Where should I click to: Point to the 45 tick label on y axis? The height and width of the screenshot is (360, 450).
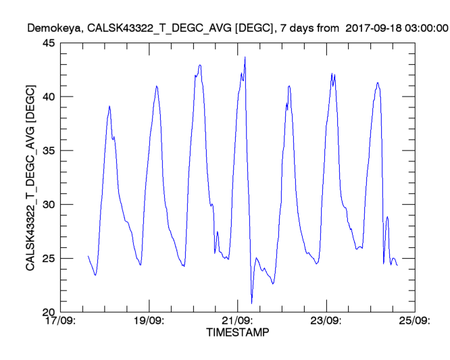(x=49, y=43)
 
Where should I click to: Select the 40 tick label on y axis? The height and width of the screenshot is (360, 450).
(x=49, y=97)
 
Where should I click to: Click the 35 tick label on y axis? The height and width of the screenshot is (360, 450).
(x=49, y=151)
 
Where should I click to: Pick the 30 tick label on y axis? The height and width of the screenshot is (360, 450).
(x=49, y=205)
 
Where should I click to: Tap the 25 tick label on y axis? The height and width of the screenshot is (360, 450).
(x=49, y=259)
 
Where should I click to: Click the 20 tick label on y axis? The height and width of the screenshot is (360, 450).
(x=49, y=312)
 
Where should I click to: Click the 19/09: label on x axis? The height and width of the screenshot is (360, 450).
(x=149, y=321)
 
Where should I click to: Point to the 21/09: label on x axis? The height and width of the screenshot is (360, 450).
(x=237, y=321)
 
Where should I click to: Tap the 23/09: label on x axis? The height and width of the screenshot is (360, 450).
(x=326, y=321)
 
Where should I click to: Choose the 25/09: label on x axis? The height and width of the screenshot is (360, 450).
(x=414, y=321)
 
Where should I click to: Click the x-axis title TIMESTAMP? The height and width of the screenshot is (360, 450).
(x=237, y=333)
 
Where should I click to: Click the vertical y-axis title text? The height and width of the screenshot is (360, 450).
(x=30, y=178)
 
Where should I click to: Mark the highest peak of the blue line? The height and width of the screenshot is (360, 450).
(x=245, y=57)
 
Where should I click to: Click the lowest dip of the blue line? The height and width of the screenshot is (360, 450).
(x=251, y=303)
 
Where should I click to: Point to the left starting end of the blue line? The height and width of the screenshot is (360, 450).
(x=88, y=256)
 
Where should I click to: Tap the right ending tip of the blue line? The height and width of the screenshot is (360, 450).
(x=397, y=265)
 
